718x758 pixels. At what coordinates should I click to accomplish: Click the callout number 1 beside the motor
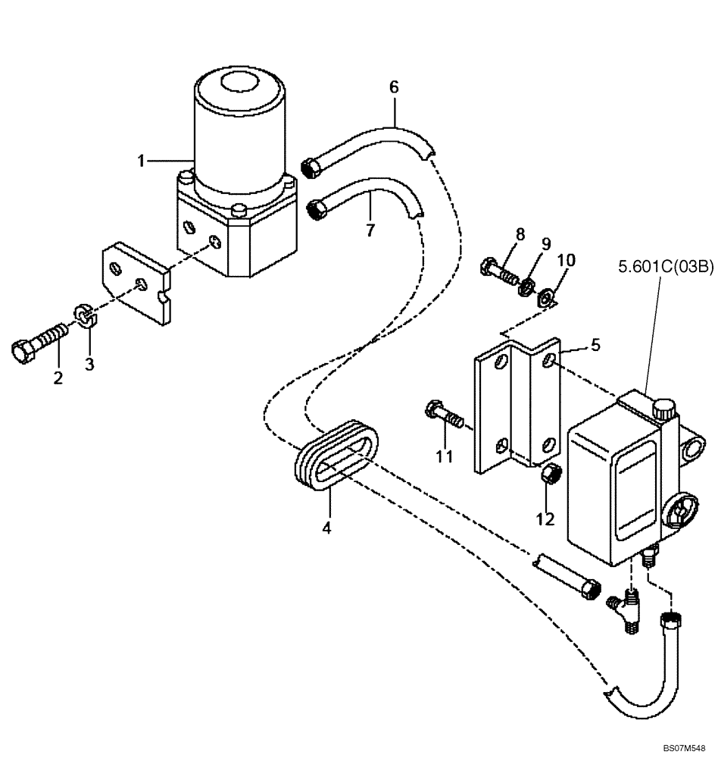(141, 160)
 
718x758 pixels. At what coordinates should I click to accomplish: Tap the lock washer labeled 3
(86, 316)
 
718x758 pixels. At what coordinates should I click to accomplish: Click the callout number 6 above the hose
(394, 87)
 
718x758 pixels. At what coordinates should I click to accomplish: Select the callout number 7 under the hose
(370, 230)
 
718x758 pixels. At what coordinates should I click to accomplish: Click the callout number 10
(566, 262)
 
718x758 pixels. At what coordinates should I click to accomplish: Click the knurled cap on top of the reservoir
(663, 409)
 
